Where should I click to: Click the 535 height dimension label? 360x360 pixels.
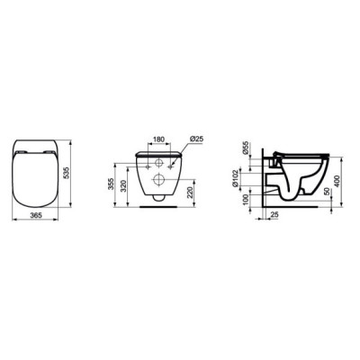[x=67, y=173]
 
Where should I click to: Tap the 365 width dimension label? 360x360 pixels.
[x=35, y=215]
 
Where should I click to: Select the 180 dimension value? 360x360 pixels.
[x=158, y=139]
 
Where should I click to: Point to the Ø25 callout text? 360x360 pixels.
[x=196, y=139]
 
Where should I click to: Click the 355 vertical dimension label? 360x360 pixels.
[x=111, y=184]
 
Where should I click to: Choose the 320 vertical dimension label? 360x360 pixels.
[x=123, y=186]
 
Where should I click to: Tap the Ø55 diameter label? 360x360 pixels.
[x=245, y=148]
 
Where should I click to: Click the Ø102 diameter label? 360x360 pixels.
[x=235, y=179]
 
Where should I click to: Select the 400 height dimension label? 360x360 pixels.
[x=337, y=181]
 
